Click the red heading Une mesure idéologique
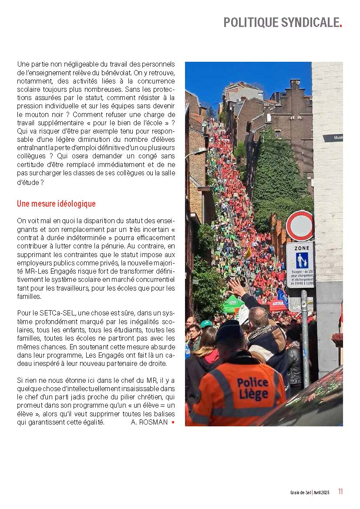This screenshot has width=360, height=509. coord(56,204)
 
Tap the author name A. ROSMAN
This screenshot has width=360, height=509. coord(149,422)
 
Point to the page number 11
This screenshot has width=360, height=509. coord(340,492)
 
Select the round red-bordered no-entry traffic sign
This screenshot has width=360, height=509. coord(299,225)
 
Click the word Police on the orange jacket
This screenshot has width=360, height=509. coord(252,383)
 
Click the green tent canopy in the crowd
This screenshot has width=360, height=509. coord(233,303)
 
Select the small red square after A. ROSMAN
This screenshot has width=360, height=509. coord(173,422)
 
